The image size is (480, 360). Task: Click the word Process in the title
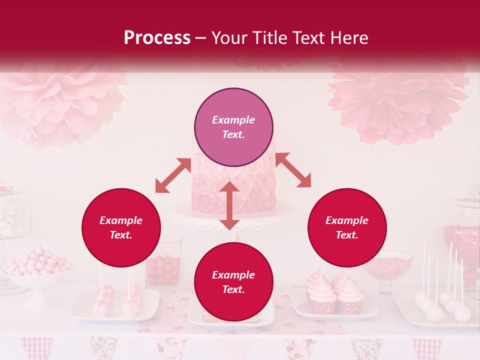157,38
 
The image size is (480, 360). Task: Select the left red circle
121,227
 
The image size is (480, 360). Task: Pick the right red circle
347,227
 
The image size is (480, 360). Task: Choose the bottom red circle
233,282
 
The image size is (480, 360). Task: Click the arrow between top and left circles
173,175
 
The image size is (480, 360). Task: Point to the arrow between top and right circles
293,170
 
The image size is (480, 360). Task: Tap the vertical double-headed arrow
229,205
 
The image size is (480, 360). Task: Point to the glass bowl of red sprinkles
387,265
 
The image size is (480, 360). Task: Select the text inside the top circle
233,127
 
